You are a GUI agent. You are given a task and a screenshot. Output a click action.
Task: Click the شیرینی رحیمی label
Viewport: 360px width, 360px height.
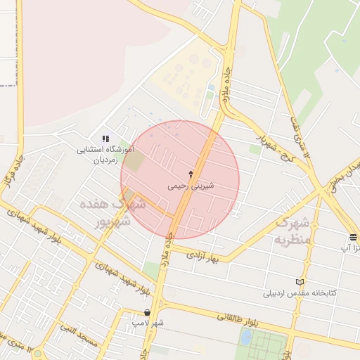(191, 187)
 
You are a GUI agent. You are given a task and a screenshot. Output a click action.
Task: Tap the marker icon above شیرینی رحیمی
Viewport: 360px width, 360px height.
(191, 173)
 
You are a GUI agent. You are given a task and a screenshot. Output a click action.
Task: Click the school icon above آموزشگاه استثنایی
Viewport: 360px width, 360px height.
(105, 139)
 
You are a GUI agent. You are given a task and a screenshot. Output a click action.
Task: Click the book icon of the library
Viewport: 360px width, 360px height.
(301, 281)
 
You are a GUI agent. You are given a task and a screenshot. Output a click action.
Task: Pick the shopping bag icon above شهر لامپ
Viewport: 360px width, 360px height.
(146, 312)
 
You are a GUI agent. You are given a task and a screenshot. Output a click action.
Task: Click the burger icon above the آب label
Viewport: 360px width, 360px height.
(353, 236)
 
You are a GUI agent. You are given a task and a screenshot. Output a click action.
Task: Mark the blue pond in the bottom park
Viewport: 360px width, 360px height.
(245, 337)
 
